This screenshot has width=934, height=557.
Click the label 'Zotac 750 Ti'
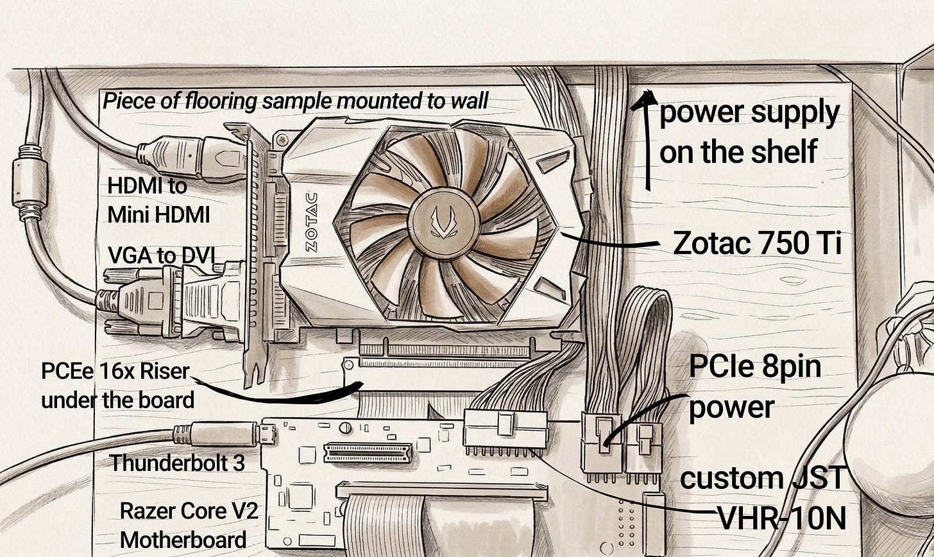coord(756,243)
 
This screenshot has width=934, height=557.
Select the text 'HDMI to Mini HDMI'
coord(158,200)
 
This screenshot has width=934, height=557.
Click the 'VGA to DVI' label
coord(161,255)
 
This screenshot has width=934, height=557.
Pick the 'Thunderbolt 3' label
coord(177,463)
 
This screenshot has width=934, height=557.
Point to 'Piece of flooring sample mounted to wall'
coord(294,101)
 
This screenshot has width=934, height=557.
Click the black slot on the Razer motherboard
coord(368,453)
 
